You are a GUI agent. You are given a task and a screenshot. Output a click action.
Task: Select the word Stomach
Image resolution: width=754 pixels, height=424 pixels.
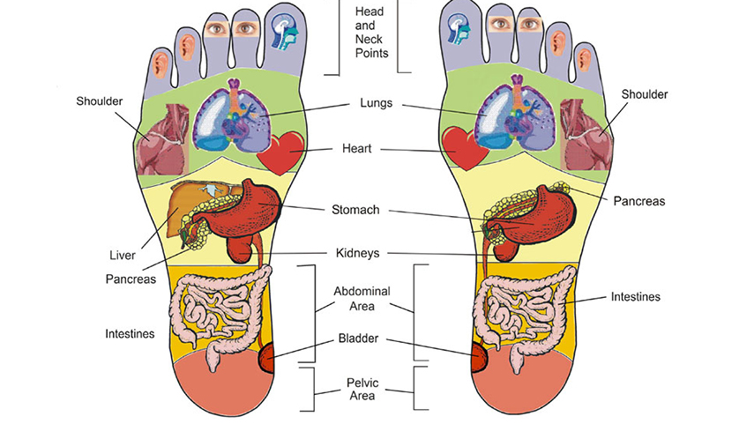(355, 210)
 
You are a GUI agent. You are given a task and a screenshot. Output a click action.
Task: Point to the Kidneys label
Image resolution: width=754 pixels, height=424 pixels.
(355, 253)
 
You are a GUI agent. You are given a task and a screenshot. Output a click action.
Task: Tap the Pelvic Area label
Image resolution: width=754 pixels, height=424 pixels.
(362, 389)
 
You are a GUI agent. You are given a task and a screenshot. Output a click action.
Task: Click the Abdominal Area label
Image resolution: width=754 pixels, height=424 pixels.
(362, 298)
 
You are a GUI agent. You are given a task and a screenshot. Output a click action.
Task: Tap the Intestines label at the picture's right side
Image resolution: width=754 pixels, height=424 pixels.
(636, 297)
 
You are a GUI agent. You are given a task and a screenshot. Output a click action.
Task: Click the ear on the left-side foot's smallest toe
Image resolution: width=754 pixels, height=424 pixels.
(161, 63)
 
